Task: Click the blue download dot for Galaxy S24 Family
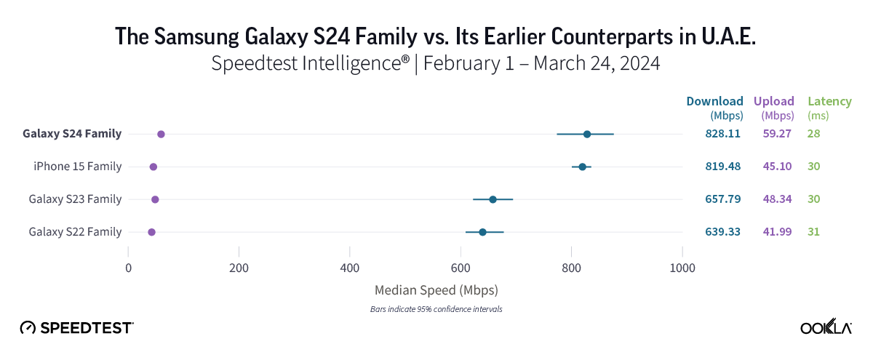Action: point(587,134)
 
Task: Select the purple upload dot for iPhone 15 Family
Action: point(154,167)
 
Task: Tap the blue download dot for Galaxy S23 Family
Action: point(493,199)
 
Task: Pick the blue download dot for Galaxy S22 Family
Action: point(482,232)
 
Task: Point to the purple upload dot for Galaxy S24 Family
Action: point(161,134)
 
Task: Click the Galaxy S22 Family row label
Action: point(75,232)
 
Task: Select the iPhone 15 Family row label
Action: point(77,167)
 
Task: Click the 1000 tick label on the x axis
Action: point(682,268)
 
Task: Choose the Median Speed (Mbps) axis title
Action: point(436,290)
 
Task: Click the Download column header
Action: point(714,102)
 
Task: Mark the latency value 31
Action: point(814,232)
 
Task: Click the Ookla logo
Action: point(826,328)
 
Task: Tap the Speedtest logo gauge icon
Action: point(28,328)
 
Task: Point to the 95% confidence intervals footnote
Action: point(436,309)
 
